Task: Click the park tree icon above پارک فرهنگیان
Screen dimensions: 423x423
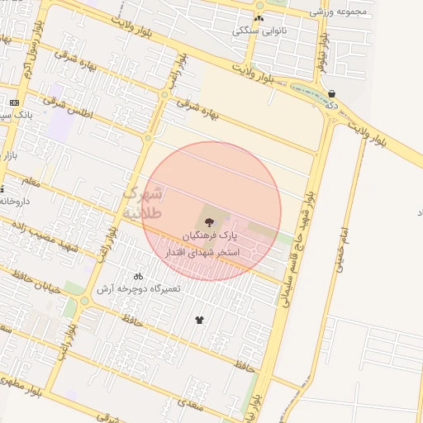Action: point(207,221)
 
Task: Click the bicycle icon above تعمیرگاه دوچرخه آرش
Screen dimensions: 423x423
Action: point(138,276)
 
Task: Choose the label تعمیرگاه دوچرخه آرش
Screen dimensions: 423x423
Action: point(138,288)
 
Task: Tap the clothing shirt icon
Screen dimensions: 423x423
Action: point(199,320)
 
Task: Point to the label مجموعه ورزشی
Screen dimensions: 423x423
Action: point(334,12)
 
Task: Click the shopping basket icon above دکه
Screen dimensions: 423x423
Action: point(331,94)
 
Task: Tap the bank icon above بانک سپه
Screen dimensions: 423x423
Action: point(14,102)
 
